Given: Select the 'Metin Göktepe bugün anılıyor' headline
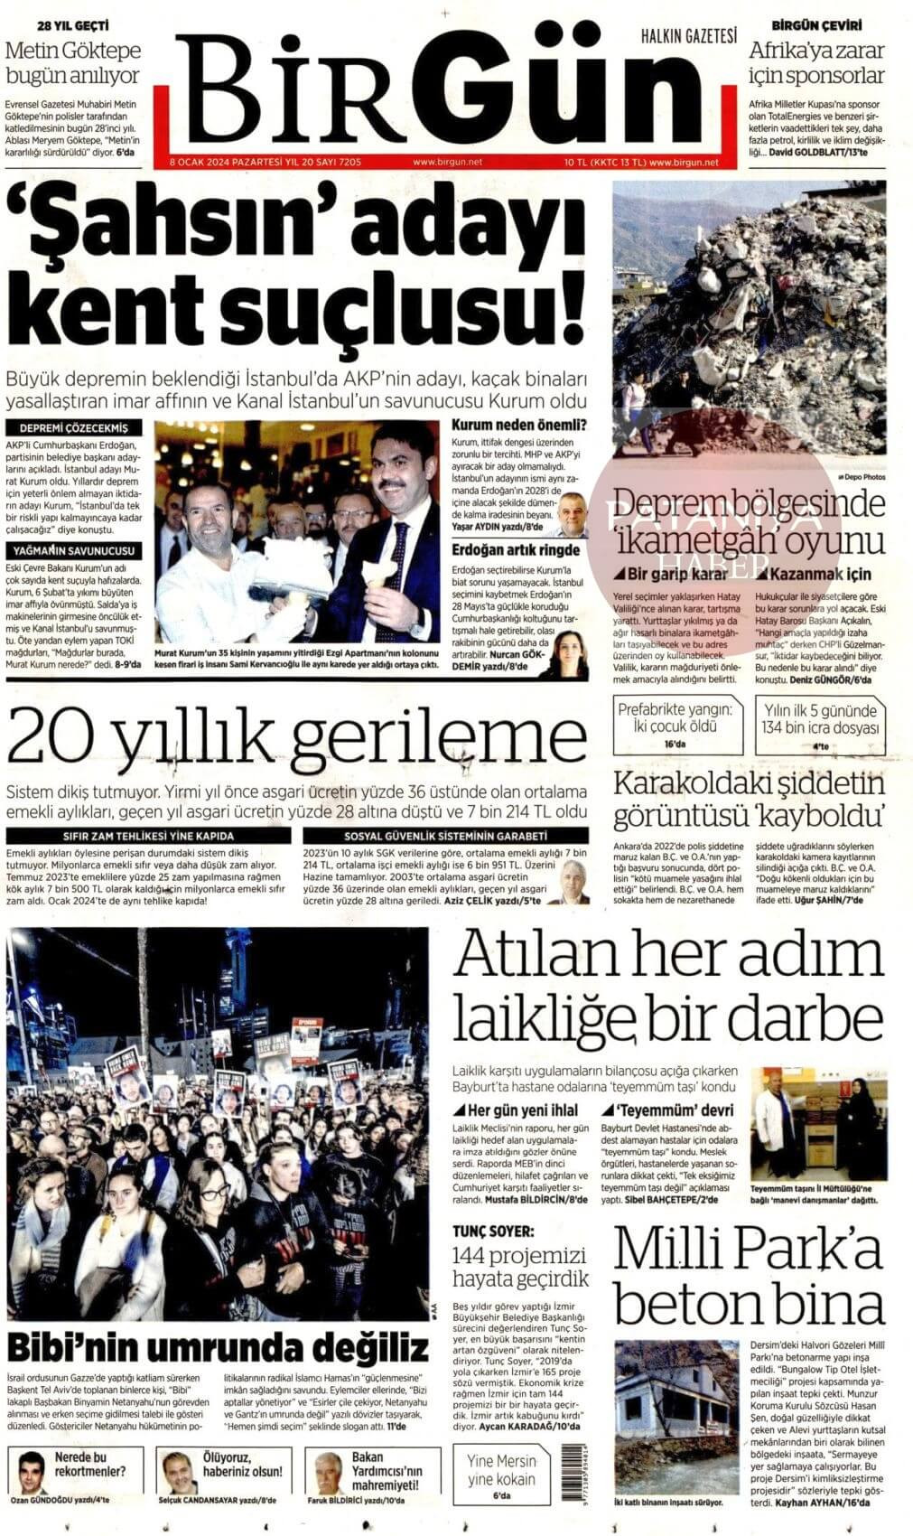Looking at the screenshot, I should [73, 62].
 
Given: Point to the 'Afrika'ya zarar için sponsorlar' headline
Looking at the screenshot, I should [816, 62].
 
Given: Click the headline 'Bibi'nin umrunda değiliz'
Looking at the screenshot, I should [218, 1350].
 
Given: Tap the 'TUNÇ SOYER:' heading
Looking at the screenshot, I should [493, 1231].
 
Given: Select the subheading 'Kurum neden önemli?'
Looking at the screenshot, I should [518, 426].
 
